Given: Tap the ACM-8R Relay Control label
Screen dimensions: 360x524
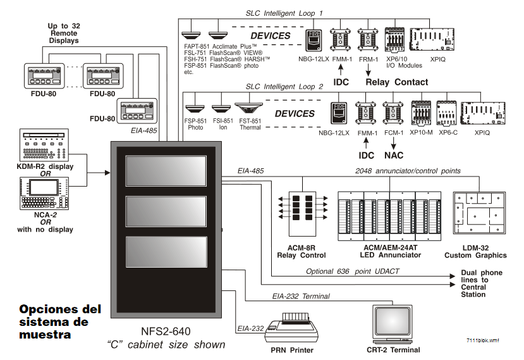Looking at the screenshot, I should [301, 251].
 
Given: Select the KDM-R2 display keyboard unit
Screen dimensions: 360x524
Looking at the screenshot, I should [44, 146].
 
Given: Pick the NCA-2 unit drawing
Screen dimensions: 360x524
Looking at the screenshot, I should [44, 194].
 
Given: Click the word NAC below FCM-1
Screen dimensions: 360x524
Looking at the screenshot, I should [394, 154].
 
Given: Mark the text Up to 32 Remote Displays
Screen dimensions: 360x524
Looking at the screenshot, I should [63, 33].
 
